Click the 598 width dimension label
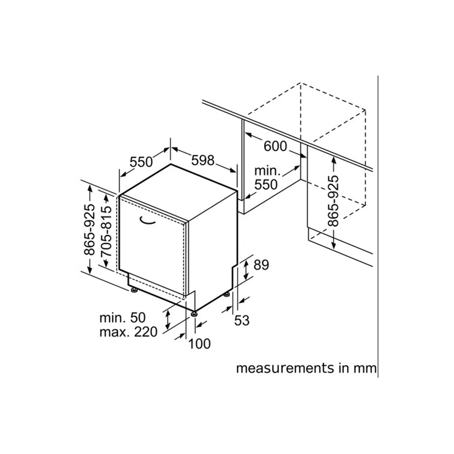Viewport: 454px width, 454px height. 203,160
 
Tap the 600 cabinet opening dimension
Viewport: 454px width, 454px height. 275,146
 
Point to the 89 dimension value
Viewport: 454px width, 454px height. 261,265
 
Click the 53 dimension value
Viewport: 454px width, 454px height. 242,320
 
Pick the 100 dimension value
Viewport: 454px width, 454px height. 199,344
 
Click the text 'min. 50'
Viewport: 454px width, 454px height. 123,318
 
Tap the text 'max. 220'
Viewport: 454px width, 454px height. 129,332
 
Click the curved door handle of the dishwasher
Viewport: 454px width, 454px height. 147,221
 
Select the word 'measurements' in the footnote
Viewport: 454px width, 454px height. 276,368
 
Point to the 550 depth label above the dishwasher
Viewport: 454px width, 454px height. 141,162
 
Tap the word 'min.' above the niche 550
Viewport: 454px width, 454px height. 268,171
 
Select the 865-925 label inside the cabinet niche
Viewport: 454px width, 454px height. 334,201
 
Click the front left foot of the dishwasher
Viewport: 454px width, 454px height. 134,290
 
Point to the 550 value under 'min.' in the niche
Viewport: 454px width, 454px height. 266,185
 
